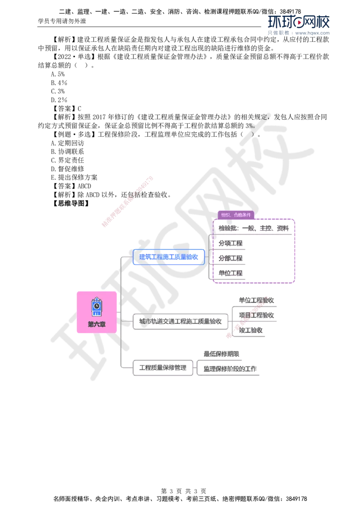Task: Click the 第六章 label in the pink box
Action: (97, 324)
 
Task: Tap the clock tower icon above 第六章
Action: (96, 306)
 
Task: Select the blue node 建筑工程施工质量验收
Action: (169, 257)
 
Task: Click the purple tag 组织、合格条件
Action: (236, 215)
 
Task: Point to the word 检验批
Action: (227, 228)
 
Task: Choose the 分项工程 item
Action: (231, 243)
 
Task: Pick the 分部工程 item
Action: (231, 259)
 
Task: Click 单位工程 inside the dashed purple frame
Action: (231, 273)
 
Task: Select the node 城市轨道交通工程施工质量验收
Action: (180, 321)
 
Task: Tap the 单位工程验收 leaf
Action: (256, 300)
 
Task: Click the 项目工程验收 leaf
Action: (256, 315)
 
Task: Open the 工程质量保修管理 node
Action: (162, 368)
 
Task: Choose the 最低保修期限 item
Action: (221, 354)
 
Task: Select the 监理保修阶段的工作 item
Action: (229, 369)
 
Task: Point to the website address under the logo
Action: (313, 33)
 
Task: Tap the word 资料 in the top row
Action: (283, 228)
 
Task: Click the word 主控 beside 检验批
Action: (266, 228)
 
